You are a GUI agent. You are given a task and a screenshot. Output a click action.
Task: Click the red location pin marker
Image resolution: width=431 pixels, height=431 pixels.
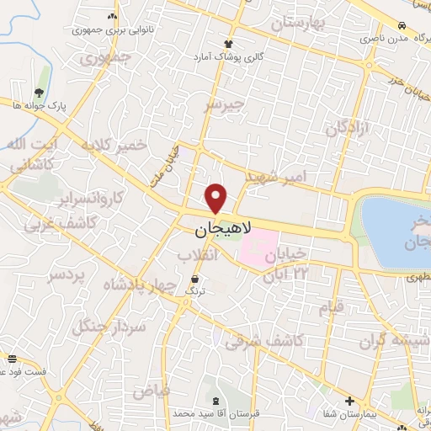click(x=216, y=197)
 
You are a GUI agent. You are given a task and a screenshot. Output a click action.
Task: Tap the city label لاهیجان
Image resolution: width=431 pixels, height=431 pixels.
click(x=217, y=229)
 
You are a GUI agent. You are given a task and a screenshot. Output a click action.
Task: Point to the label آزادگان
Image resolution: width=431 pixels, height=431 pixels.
click(x=349, y=128)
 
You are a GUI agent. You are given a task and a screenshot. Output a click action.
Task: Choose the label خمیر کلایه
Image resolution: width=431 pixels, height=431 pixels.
click(x=114, y=146)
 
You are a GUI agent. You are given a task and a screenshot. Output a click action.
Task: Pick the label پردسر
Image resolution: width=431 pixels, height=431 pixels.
click(x=67, y=275)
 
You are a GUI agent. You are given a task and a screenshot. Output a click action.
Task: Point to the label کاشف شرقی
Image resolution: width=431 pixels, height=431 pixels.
click(x=264, y=339)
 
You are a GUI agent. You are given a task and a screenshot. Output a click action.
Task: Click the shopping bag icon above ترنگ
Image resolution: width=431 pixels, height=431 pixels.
click(x=196, y=279)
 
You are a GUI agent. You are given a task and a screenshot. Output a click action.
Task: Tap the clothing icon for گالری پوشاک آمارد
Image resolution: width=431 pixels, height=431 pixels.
click(x=228, y=45)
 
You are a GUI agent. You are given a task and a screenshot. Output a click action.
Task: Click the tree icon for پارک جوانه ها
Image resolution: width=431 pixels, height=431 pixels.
click(x=40, y=93)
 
